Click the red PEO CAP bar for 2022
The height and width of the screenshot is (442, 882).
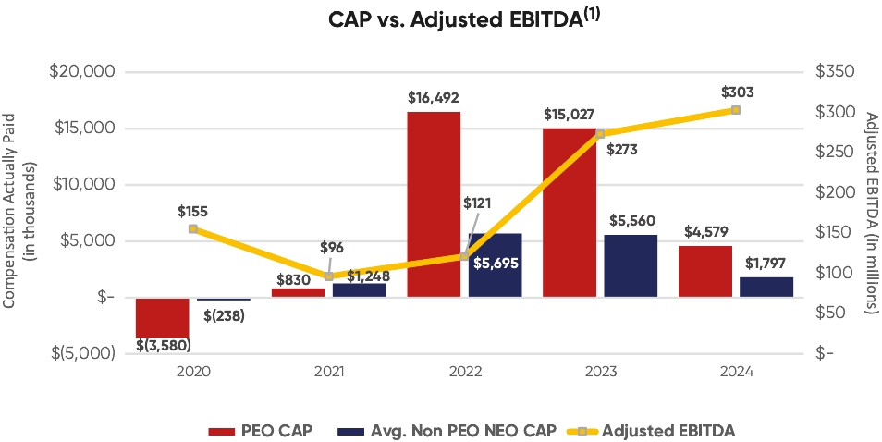click(434, 203)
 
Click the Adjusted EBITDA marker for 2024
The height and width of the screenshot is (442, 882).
click(735, 110)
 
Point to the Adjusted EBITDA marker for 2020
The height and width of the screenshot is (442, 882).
click(192, 228)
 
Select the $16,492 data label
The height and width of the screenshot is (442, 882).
click(434, 97)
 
